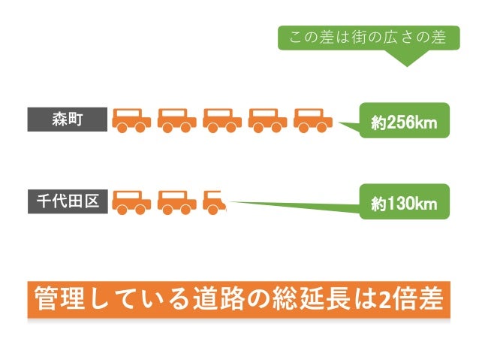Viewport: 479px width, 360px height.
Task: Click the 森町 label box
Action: tap(67, 119)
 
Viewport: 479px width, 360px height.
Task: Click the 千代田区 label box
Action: tap(67, 201)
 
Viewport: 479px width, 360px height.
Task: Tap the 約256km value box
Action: tap(404, 121)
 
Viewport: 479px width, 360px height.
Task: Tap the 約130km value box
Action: tap(404, 203)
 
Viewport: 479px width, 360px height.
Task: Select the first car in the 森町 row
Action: tap(131, 119)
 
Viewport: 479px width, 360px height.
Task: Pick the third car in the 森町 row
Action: tap(221, 119)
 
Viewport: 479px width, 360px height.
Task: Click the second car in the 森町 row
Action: tap(176, 119)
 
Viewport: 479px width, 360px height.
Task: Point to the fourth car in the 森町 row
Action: tap(267, 119)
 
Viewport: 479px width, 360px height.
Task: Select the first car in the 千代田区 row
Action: tap(131, 201)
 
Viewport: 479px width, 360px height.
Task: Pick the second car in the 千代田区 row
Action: tap(176, 201)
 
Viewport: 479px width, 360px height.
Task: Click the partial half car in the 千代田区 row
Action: tap(214, 201)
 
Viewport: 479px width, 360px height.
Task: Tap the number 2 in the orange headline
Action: tap(383, 301)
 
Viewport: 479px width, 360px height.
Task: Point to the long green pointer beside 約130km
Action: tap(300, 203)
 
